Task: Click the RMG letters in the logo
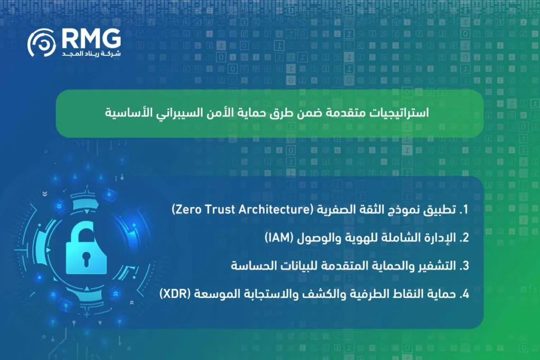click(91, 37)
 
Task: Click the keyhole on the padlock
click(86, 258)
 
